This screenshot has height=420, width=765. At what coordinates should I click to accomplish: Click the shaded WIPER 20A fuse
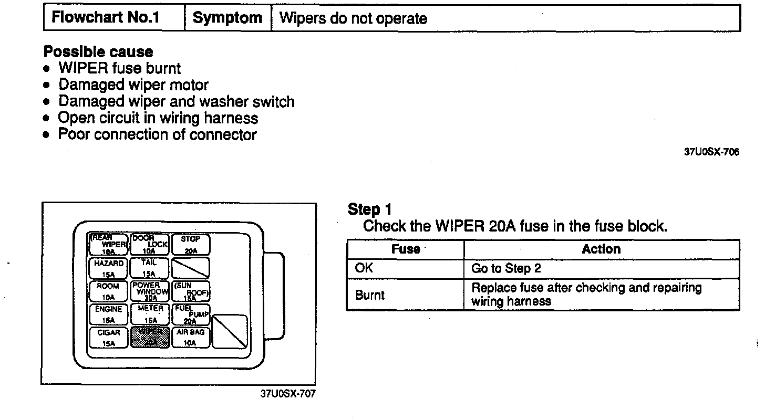point(150,337)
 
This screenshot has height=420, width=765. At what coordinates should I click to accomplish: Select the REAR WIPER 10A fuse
point(108,245)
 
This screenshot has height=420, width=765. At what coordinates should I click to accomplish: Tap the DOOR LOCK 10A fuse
point(150,245)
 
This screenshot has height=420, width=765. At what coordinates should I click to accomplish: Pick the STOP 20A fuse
point(191,245)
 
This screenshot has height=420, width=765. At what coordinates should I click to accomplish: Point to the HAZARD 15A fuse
point(108,268)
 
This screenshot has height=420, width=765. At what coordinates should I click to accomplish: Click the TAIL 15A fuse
point(150,268)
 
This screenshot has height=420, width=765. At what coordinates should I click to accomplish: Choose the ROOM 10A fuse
point(108,291)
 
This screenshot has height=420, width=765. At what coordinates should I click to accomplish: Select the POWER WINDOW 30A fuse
point(150,291)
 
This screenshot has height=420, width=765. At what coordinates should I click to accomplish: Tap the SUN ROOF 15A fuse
point(191,291)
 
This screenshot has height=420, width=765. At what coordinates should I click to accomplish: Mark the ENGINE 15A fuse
point(108,314)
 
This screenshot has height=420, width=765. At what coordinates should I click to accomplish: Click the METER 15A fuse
point(150,314)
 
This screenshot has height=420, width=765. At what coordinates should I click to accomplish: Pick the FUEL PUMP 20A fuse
point(191,314)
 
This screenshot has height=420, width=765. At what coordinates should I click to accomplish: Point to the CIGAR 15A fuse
point(108,337)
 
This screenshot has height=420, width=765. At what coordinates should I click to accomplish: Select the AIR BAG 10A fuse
point(191,337)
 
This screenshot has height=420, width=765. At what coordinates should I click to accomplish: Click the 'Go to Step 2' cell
point(601,268)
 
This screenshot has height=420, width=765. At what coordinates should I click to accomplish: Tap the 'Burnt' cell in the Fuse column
point(405,295)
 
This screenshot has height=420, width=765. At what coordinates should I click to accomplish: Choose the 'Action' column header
point(601,249)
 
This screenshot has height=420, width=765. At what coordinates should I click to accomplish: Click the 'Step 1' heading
point(370,210)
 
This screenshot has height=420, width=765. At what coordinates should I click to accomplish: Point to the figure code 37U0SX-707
point(288,394)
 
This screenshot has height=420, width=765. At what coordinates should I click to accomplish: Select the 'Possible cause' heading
point(98,52)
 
